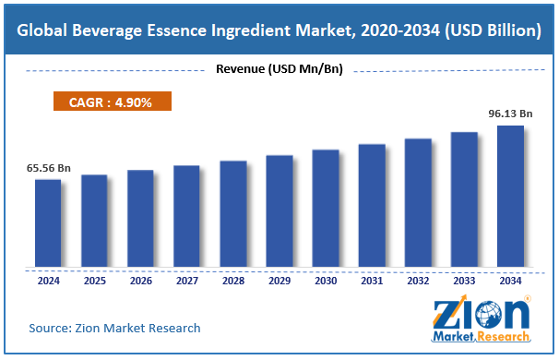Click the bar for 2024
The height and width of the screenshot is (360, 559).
[48, 223]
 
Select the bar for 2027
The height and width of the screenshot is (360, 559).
[186, 217]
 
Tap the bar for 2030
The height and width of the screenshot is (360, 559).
[325, 209]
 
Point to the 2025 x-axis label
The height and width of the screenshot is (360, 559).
[94, 281]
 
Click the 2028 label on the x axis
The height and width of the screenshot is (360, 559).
[232, 281]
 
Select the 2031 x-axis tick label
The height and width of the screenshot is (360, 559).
[372, 281]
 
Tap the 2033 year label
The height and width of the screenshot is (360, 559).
[464, 281]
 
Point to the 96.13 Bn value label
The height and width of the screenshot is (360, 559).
[510, 114]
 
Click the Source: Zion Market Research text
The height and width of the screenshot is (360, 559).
[114, 328]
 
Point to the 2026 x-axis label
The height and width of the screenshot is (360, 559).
[140, 281]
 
